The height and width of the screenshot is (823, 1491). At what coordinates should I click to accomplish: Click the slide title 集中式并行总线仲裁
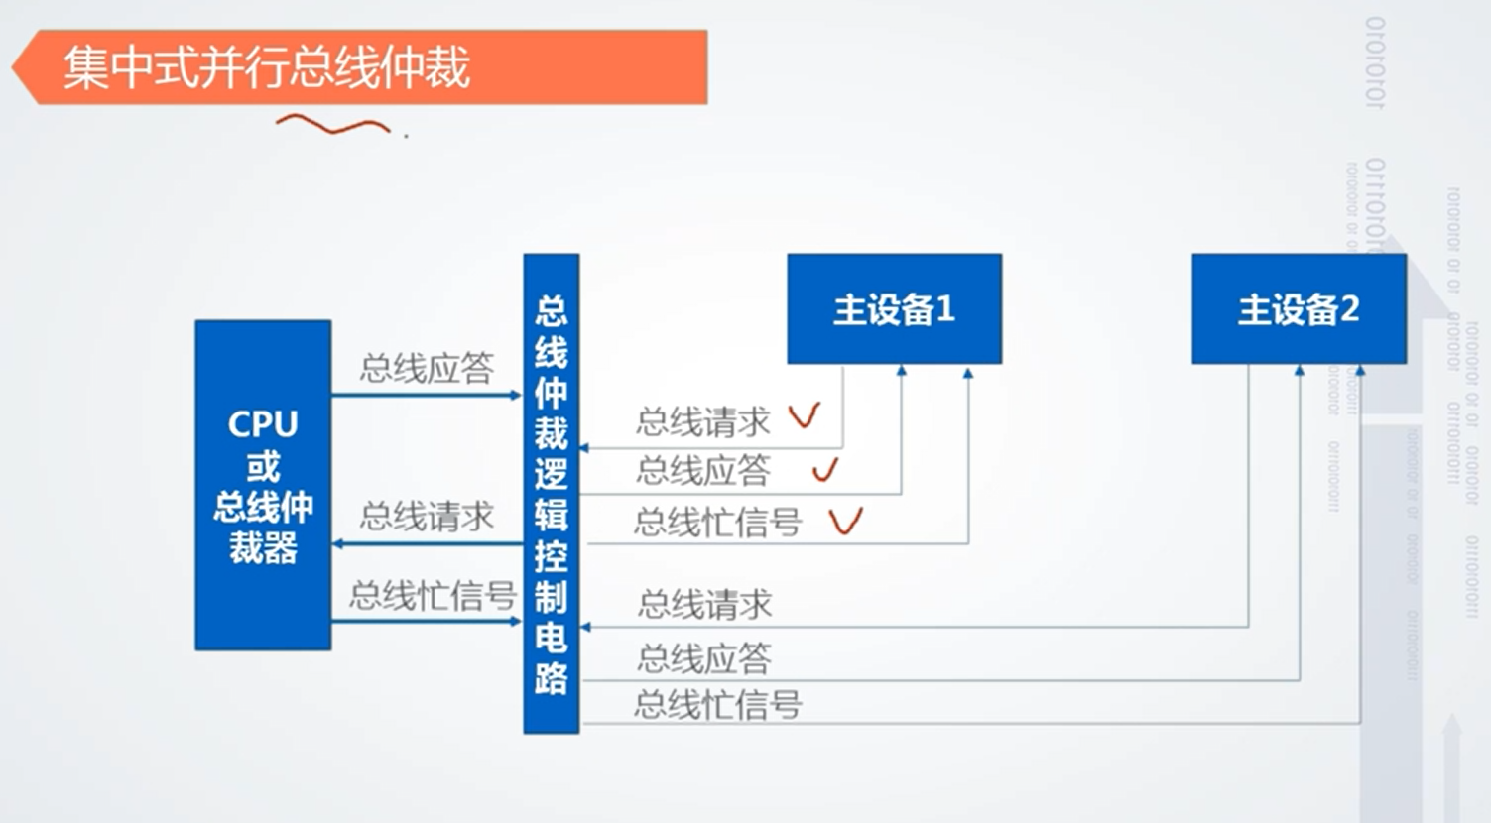point(266,68)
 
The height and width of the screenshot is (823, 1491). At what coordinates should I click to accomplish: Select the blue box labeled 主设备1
point(894,309)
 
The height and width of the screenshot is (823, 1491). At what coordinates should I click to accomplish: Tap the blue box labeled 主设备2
point(1299,309)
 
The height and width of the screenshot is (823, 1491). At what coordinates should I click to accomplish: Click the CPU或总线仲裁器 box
point(263,485)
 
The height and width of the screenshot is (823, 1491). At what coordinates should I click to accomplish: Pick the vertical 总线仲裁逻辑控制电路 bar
point(551,494)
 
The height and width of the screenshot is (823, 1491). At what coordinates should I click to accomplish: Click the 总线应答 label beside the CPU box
point(427,369)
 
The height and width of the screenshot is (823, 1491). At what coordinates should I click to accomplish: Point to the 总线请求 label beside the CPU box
point(427,517)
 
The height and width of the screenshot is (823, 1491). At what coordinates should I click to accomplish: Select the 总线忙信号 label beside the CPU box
point(433,596)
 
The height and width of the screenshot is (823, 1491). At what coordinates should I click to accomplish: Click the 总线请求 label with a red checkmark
point(703,422)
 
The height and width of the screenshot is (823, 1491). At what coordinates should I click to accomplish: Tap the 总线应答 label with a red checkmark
point(703,470)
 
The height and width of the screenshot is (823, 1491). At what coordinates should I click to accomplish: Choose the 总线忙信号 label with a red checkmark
point(717,522)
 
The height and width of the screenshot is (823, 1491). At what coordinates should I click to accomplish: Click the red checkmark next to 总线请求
point(805,415)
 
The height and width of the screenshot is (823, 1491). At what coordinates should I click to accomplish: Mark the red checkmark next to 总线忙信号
point(845,521)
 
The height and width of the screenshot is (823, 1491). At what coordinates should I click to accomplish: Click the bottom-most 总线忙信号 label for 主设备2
point(717,705)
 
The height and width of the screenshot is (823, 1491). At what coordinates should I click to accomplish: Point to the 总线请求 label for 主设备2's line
point(704,604)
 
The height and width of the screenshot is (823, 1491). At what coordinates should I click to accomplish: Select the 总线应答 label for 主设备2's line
point(704,657)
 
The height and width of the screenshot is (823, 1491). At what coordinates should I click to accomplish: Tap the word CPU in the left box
point(263,424)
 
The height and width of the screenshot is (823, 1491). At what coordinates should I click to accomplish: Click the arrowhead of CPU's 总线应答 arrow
point(516,396)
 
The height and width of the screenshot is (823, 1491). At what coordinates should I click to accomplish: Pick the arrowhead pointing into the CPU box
point(338,544)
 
